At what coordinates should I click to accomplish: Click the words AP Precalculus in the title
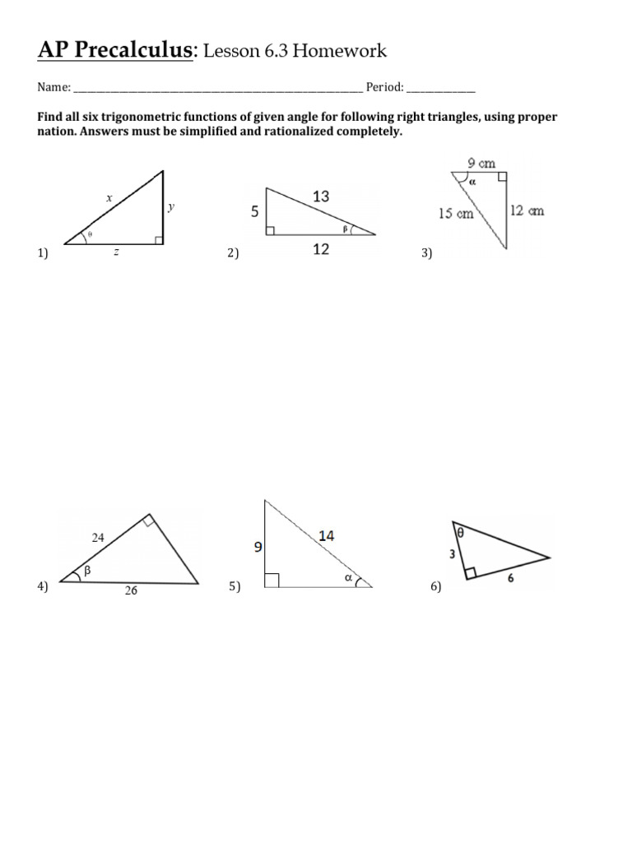(114, 52)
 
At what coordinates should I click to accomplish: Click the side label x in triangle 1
(108, 198)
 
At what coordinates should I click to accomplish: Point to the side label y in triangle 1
(171, 207)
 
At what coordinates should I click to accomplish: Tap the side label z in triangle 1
(117, 252)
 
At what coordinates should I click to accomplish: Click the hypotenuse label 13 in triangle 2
(322, 195)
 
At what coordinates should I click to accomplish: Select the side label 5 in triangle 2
(255, 211)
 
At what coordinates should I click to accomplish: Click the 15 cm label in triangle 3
(457, 213)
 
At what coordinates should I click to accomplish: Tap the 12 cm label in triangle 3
(527, 211)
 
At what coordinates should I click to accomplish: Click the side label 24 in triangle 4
(98, 539)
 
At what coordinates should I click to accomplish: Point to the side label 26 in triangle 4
(131, 591)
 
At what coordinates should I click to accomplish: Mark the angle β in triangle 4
(86, 568)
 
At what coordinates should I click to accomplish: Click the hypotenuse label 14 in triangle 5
(327, 535)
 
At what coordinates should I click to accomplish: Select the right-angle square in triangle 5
(272, 581)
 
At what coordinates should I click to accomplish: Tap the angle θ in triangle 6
(460, 533)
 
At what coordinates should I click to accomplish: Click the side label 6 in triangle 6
(511, 578)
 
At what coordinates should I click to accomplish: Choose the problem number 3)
(426, 254)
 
